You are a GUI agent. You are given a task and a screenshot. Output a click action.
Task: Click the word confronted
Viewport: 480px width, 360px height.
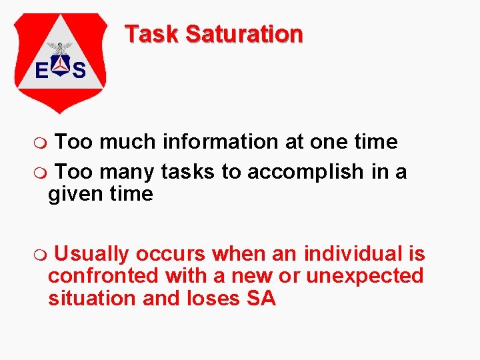coord(103,275)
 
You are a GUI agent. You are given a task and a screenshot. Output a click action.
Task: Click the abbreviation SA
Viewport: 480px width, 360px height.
coord(261,298)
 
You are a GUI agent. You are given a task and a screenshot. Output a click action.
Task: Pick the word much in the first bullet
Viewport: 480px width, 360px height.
coord(127,142)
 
